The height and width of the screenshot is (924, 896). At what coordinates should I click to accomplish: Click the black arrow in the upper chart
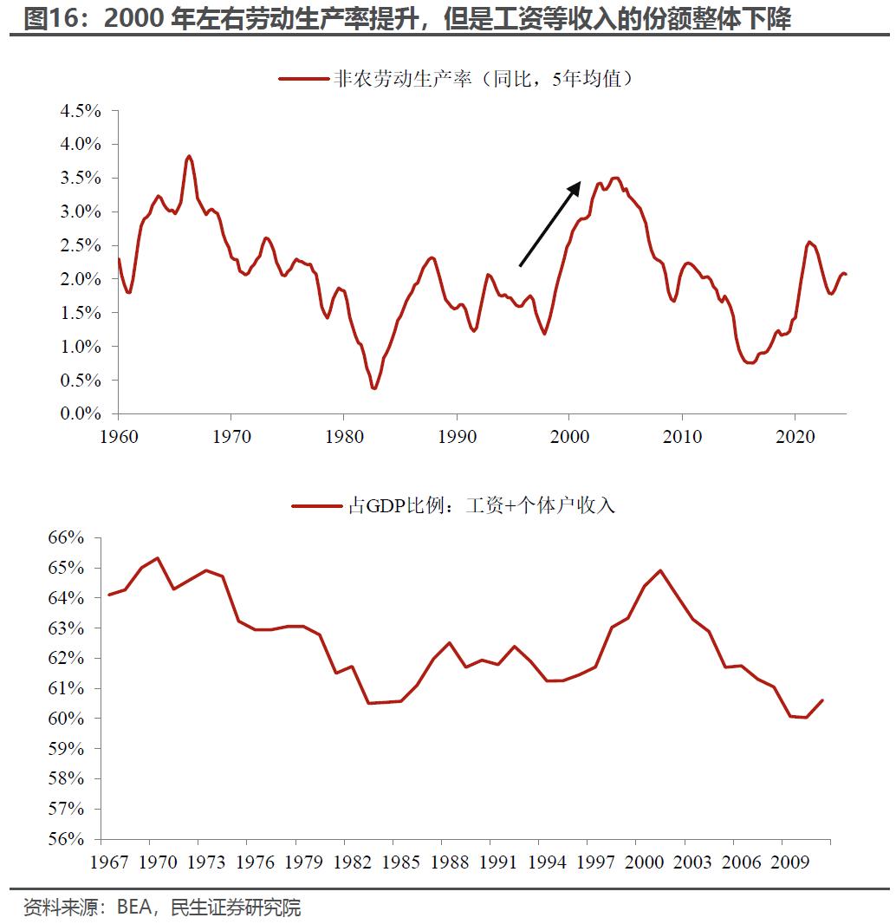(549, 224)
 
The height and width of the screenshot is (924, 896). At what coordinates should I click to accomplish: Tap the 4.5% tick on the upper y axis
(81, 110)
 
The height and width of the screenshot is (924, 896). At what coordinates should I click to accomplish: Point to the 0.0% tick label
(81, 413)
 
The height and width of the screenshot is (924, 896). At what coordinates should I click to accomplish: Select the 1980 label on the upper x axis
(343, 436)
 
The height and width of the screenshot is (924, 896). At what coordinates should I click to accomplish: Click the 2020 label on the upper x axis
(795, 436)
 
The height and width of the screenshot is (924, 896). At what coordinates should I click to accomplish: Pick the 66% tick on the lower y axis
(66, 537)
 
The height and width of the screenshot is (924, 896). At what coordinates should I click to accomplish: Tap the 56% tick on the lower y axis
(66, 839)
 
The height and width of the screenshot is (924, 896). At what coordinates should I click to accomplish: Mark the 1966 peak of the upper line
(189, 157)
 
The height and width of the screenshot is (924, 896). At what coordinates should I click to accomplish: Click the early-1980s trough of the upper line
(373, 387)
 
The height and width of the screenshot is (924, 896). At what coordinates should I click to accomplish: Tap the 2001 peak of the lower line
(660, 570)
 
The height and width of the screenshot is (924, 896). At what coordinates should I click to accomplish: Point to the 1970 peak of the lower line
(157, 558)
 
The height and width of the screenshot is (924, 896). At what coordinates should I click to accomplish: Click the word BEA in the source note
(134, 908)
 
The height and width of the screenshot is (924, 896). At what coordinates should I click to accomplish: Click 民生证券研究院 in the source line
(236, 908)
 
